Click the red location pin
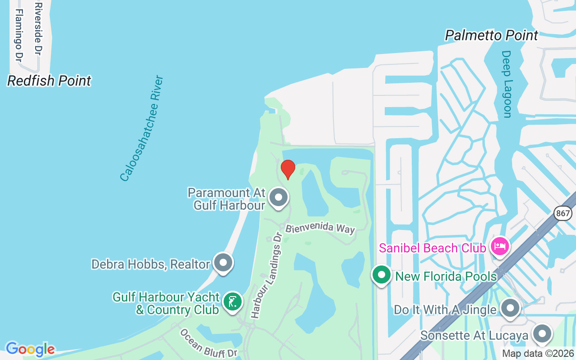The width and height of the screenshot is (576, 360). (x=288, y=169)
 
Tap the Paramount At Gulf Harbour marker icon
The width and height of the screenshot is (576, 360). (x=278, y=197)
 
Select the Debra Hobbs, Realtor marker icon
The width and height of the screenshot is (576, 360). (x=223, y=262)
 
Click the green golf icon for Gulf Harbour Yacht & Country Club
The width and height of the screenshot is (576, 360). (x=232, y=302)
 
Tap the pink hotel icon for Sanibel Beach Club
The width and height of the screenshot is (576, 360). (x=500, y=247)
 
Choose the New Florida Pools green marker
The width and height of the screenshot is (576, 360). (x=382, y=274)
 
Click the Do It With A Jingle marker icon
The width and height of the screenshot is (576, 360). (x=510, y=308)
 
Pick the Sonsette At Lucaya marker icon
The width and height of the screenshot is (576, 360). (x=542, y=334)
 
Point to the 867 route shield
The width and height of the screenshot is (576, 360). (x=563, y=213)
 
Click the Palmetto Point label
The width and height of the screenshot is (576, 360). (x=491, y=36)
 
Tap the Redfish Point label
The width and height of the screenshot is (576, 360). (x=49, y=81)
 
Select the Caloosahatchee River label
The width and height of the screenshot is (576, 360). (x=142, y=129)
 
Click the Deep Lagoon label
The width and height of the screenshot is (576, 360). (x=507, y=84)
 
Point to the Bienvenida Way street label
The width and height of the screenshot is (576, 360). (x=320, y=228)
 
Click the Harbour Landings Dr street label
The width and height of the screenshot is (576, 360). (x=269, y=276)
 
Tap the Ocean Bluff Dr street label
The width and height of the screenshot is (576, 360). (x=208, y=344)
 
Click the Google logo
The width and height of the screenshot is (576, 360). (x=30, y=349)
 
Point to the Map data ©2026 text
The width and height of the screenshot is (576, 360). (x=538, y=354)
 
